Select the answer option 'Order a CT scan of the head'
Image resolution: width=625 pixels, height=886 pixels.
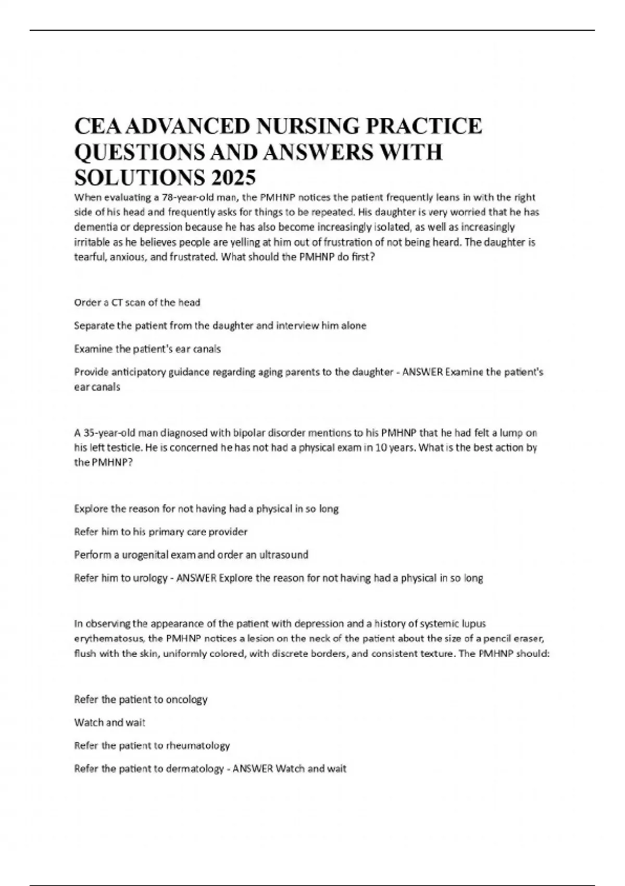137,302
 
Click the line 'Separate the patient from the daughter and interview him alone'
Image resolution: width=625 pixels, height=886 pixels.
220,326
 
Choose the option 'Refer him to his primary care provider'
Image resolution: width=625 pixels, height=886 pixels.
161,532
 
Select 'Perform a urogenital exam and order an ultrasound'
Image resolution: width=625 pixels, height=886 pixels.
191,555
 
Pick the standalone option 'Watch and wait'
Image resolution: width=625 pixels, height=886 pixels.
110,722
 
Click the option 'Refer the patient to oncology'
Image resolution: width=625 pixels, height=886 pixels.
141,699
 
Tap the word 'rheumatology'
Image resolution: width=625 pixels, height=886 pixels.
197,745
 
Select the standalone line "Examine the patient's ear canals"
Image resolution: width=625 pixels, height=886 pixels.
147,349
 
